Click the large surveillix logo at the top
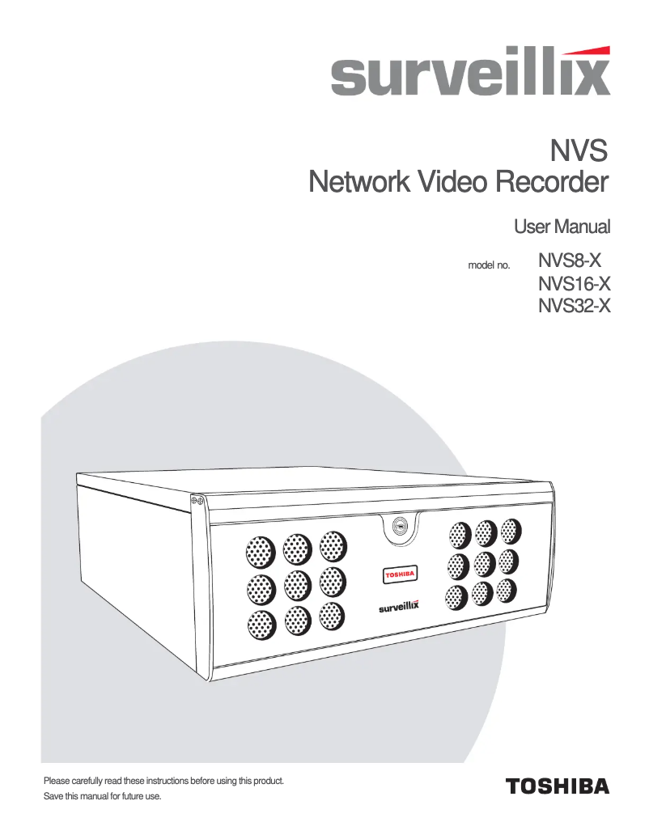469,77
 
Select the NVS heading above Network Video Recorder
578,150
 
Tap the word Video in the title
452,182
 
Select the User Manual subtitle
562,226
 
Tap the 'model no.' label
489,265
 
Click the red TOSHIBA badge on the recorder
398,574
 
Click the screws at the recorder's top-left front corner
195,502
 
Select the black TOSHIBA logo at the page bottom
557,786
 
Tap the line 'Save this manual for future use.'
102,797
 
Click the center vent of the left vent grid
297,583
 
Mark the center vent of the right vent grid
484,563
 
